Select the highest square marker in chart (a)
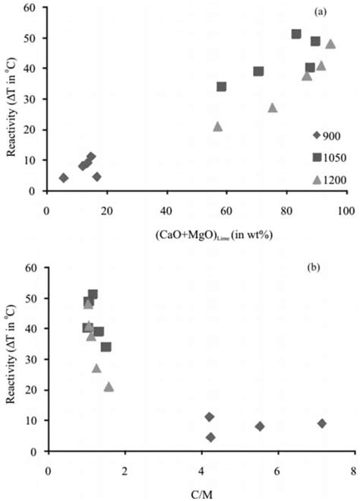[x=296, y=33]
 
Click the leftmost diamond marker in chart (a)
[x=64, y=178]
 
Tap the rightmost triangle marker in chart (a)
[x=330, y=44]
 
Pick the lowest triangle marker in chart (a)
[x=218, y=126]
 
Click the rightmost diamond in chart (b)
[x=322, y=423]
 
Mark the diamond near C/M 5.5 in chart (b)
[x=260, y=426]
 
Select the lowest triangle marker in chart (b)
[x=109, y=386]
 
